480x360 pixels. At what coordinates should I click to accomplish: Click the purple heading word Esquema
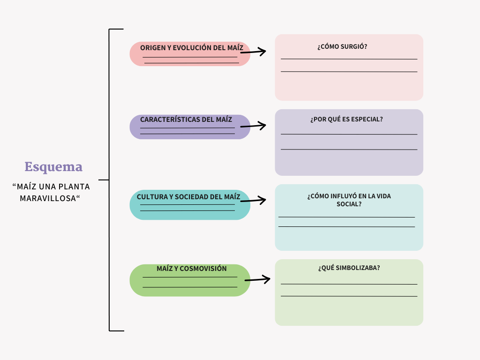tap(53, 167)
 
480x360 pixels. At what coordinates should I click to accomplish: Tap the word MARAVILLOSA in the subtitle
tap(48, 198)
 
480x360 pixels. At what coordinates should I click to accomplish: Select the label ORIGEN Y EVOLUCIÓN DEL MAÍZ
tap(192, 48)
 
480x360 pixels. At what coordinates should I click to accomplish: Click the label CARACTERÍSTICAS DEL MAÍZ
tap(186, 120)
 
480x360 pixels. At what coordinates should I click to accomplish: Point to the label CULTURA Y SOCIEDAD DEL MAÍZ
tap(188, 197)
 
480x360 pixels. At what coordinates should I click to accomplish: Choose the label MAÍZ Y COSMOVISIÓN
tap(192, 269)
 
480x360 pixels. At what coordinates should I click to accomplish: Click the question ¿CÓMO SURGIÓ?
tap(342, 46)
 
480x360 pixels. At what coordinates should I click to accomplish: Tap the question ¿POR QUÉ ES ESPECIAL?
tap(346, 119)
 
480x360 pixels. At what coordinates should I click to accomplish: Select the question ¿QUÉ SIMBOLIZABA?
tap(349, 268)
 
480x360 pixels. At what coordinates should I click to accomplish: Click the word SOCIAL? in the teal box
tap(349, 204)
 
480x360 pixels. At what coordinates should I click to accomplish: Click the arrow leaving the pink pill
tap(253, 52)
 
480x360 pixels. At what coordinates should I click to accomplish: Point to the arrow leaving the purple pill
tap(253, 126)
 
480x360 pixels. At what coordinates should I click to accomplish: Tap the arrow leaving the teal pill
tap(253, 200)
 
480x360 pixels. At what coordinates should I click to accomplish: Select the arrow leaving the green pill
tap(257, 279)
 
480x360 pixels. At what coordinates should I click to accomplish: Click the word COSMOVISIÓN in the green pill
tap(203, 269)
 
